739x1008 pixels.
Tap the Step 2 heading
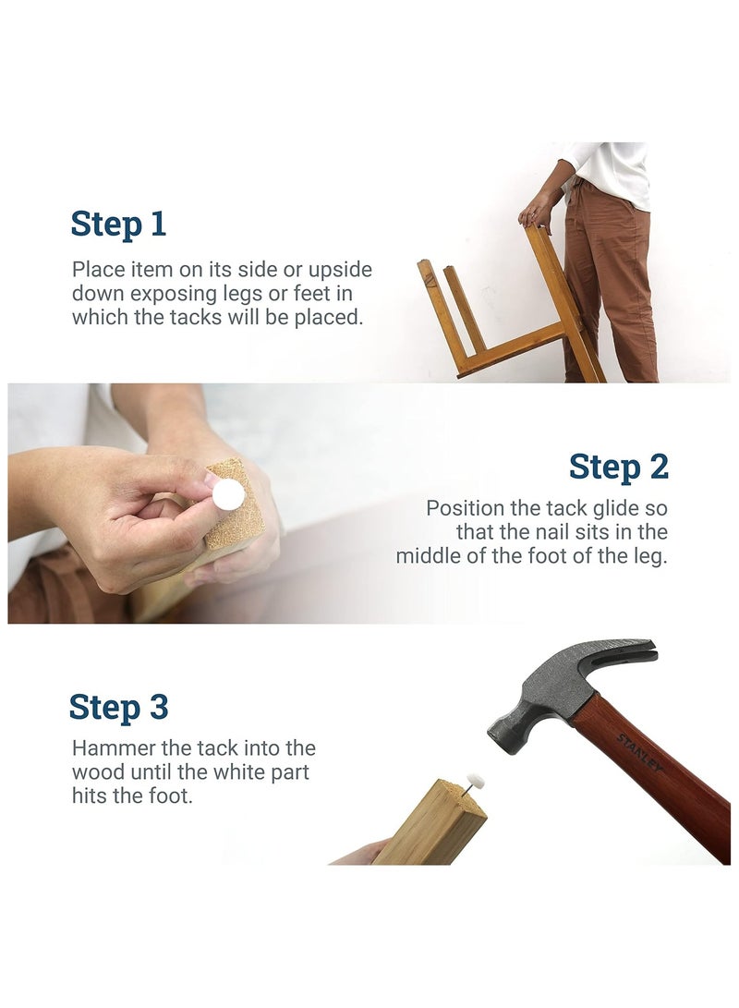(619, 468)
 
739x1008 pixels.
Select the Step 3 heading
(118, 707)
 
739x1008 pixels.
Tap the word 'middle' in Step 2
(429, 555)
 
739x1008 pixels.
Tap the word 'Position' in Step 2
(466, 508)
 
